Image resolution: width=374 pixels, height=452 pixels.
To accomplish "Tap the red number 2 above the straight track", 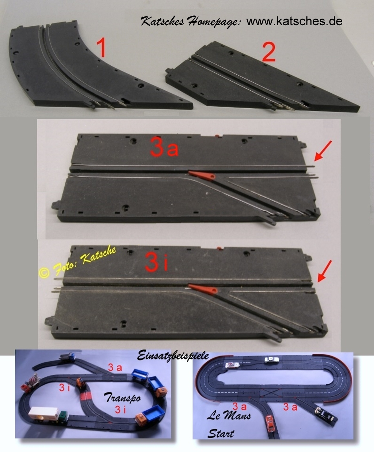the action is click(x=268, y=52).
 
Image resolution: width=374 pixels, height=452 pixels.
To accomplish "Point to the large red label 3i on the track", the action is click(x=156, y=261).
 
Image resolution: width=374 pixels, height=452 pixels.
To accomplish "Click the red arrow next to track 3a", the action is click(x=323, y=151).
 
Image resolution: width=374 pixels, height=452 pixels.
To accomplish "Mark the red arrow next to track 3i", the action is click(x=324, y=271).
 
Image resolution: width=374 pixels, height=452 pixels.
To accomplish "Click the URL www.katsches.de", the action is click(x=294, y=21).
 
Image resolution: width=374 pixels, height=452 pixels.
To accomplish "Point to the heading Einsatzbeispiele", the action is click(x=173, y=355).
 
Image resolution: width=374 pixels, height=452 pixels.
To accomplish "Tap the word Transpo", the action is click(x=123, y=397).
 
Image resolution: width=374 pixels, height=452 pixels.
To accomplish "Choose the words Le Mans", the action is click(x=229, y=416).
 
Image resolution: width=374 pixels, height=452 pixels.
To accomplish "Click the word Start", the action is click(x=221, y=433).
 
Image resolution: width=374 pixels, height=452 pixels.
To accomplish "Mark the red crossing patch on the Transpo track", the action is click(x=87, y=395).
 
